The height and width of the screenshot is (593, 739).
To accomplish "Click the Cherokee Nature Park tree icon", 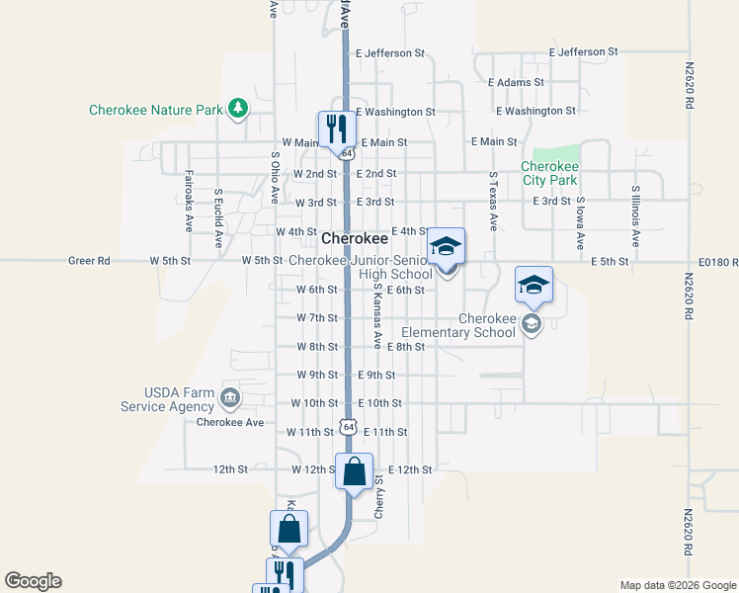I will tap(237, 109).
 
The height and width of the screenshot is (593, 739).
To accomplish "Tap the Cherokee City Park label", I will tap(549, 174).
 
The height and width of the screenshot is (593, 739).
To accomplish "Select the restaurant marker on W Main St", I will tap(336, 128).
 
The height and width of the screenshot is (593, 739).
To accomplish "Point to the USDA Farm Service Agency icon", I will tap(229, 398).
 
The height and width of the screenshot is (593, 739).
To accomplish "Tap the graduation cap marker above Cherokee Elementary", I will tap(534, 286).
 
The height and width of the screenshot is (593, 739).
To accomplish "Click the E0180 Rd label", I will tap(717, 261).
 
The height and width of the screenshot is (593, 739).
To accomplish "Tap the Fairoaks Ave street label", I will tap(188, 202).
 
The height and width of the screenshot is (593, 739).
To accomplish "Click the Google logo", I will tap(34, 581).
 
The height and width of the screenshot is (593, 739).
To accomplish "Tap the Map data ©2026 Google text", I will tap(677, 585).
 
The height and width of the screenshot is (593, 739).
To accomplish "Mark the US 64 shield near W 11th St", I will tap(346, 425).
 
